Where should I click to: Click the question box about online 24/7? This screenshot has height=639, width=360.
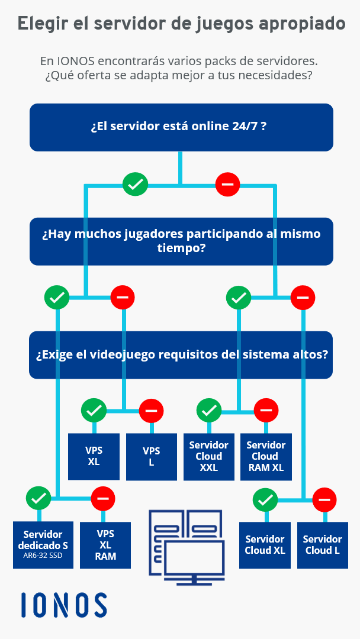(x=181, y=127)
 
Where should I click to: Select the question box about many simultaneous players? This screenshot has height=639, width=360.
(x=181, y=241)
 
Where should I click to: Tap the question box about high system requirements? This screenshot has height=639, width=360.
(x=181, y=355)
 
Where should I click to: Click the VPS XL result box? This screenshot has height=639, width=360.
(x=94, y=456)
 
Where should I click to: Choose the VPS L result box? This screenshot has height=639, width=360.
(x=152, y=456)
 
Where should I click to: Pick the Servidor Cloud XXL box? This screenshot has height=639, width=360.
(x=209, y=456)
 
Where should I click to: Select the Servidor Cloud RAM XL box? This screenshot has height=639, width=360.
(x=266, y=456)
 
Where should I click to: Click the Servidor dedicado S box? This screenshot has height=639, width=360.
(x=43, y=544)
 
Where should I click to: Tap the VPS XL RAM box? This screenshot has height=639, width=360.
(x=105, y=544)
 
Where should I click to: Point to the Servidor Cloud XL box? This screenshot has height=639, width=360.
(x=265, y=544)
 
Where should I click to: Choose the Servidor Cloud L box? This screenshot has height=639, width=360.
(x=322, y=544)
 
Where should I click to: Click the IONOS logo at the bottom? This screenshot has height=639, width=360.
(x=64, y=605)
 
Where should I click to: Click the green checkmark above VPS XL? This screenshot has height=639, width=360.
(x=94, y=409)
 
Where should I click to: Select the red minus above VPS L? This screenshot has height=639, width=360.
(x=152, y=409)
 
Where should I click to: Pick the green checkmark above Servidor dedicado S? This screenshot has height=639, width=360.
(x=39, y=498)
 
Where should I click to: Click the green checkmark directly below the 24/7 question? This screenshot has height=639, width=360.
(x=135, y=185)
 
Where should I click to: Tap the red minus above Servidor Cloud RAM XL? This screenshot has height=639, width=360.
(x=266, y=409)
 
